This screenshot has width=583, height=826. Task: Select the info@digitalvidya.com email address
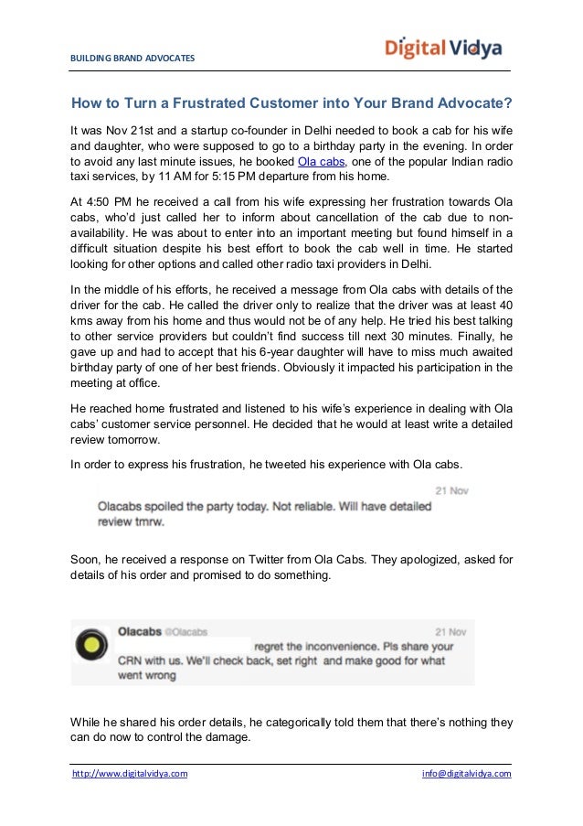click(x=466, y=774)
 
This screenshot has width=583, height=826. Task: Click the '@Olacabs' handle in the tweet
click(x=189, y=630)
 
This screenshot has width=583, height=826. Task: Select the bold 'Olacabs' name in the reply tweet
click(x=140, y=630)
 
